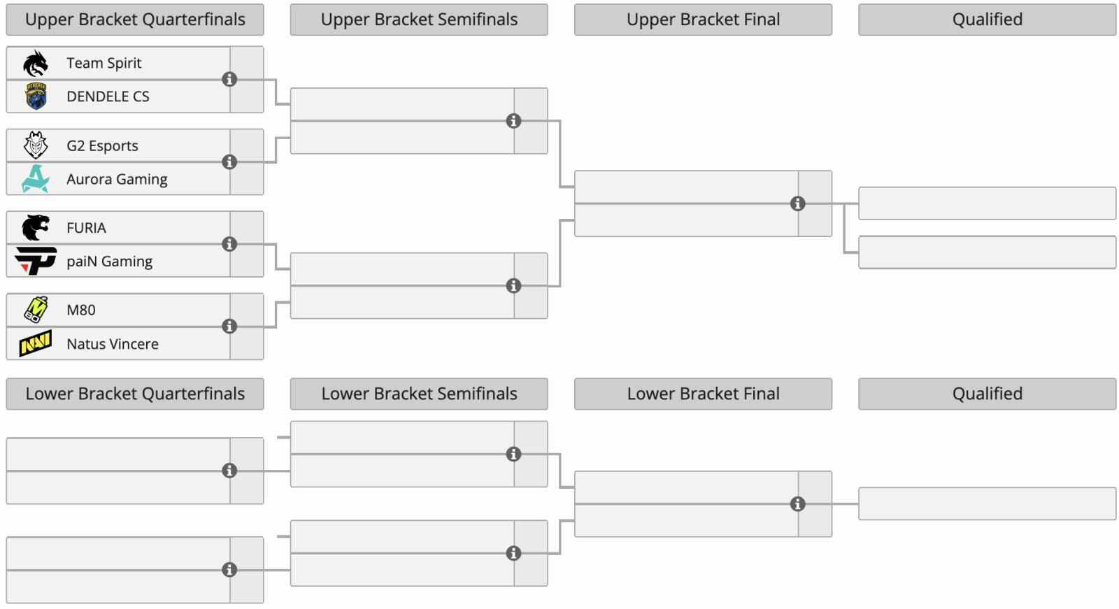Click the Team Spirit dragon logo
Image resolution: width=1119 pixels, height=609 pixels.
pos(36,63)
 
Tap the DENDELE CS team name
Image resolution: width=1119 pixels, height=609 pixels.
pos(108,96)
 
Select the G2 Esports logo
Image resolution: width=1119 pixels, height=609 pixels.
pos(36,145)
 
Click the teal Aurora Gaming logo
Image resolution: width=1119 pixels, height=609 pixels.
pos(36,179)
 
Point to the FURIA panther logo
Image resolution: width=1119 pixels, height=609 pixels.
pos(36,228)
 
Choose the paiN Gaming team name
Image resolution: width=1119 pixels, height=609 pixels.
pos(109,261)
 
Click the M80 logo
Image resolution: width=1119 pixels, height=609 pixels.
pos(36,310)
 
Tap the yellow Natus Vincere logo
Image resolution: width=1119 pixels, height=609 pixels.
pos(36,343)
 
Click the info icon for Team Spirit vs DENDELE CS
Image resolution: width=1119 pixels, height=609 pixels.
pos(229,79)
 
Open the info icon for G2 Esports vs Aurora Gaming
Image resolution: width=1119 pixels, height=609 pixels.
pos(229,162)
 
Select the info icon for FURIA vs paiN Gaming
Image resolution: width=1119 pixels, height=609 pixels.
pos(229,244)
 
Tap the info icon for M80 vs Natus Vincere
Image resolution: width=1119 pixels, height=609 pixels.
pos(229,327)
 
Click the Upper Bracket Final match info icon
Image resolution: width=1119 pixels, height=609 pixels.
pos(798,204)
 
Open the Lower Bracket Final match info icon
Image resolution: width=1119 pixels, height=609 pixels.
pos(798,504)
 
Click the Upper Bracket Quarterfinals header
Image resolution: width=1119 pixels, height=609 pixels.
pos(135,20)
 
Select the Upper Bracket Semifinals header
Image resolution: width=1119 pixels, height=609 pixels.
pos(419,20)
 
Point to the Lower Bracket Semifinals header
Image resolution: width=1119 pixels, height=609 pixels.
pos(419,394)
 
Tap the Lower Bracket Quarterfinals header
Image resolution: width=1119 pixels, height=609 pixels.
pos(135,394)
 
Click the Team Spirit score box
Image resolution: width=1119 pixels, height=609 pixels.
pos(247,63)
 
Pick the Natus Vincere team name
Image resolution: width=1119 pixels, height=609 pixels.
pos(113,344)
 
